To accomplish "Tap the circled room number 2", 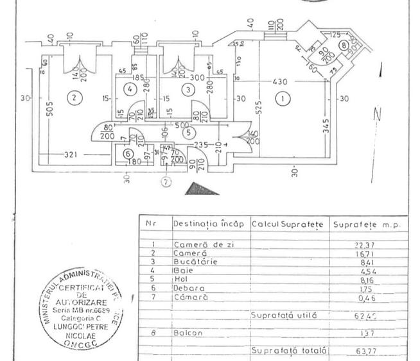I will [74, 98].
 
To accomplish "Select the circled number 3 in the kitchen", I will [188, 90].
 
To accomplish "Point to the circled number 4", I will [130, 88].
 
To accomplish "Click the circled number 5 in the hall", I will [188, 133].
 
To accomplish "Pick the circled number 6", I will [127, 154].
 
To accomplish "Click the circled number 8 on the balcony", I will [344, 46].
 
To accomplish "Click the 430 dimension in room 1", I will [279, 83].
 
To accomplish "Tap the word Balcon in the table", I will [187, 333].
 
